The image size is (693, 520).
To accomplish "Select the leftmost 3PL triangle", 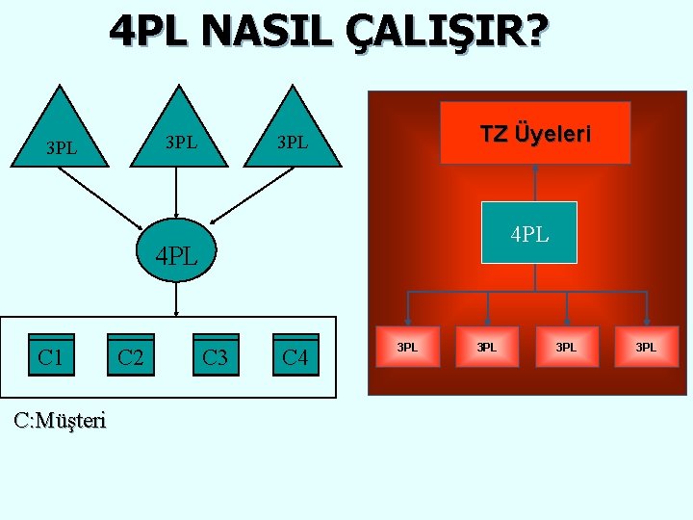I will click(x=62, y=135).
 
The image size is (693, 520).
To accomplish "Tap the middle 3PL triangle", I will click(x=179, y=135).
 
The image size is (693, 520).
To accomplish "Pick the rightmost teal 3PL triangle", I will click(x=293, y=135).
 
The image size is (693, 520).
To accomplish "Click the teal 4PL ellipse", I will click(x=177, y=256).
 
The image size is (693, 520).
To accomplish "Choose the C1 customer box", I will click(x=51, y=357).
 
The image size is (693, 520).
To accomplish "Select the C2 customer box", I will click(x=131, y=357).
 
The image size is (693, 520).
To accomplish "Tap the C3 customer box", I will click(x=215, y=357).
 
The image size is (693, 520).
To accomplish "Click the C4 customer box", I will click(x=295, y=357).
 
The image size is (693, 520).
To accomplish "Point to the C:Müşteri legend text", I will click(x=61, y=420).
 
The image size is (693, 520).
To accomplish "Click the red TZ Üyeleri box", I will click(x=535, y=133).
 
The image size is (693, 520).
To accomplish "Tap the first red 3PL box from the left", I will click(x=408, y=347).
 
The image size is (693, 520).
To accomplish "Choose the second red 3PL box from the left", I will click(x=488, y=347).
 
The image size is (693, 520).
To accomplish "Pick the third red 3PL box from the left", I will click(x=567, y=347).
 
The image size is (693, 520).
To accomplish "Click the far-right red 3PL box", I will click(x=646, y=347).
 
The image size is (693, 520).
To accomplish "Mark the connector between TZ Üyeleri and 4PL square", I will click(x=534, y=183).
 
